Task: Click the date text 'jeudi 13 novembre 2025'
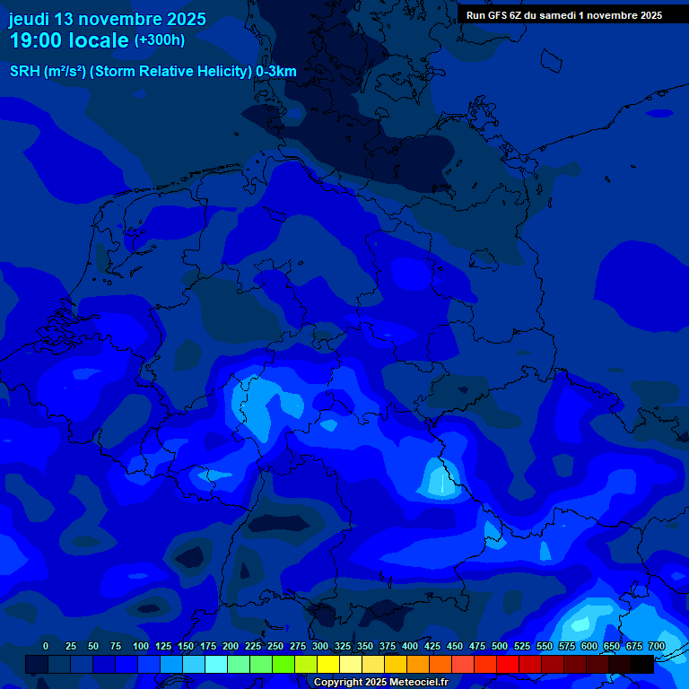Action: click(108, 19)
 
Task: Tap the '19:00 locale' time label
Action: click(69, 40)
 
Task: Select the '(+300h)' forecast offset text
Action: click(160, 40)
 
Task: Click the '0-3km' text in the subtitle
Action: click(276, 72)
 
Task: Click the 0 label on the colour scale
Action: click(46, 647)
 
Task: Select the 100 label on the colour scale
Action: click(141, 647)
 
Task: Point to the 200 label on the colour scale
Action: click(231, 647)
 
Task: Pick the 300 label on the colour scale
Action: click(320, 647)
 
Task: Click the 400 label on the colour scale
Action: click(410, 647)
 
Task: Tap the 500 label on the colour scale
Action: click(500, 647)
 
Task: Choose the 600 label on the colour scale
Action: click(589, 647)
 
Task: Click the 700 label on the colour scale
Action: click(657, 647)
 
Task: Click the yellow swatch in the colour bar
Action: click(328, 664)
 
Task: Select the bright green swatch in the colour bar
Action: click(283, 664)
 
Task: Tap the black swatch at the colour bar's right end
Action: click(642, 664)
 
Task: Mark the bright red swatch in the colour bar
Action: click(508, 664)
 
